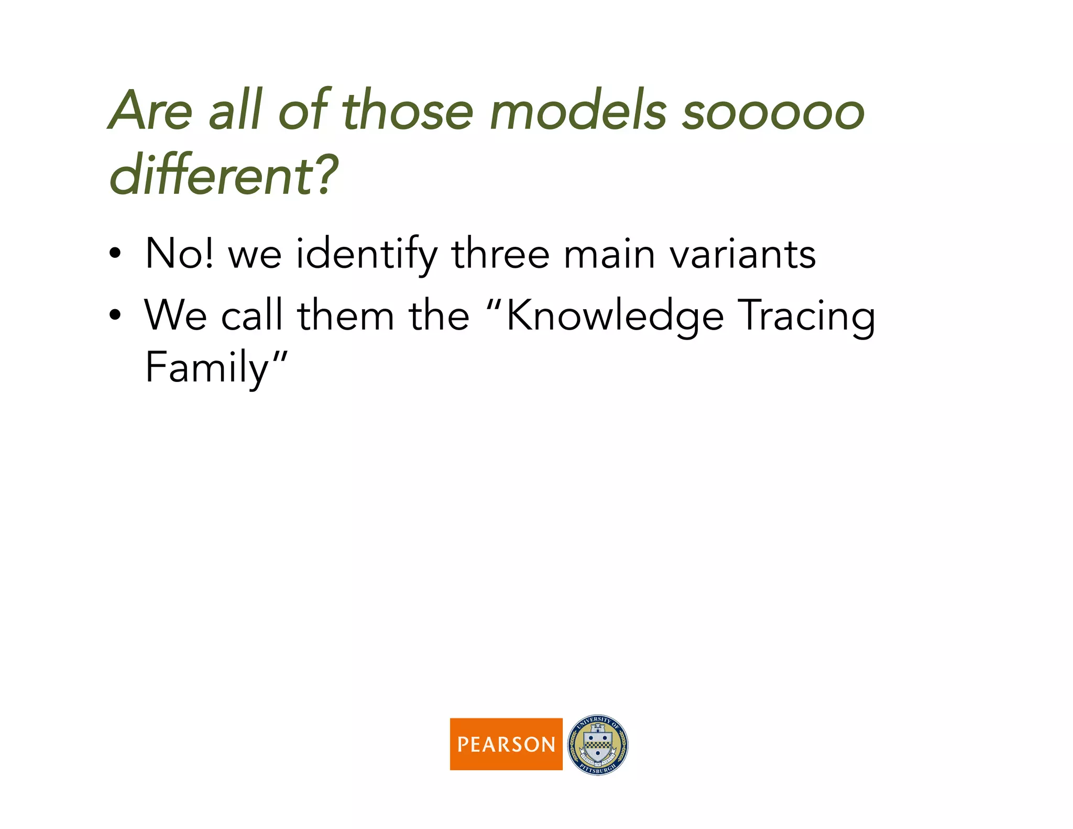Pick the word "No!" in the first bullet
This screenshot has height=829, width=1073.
pyautogui.click(x=180, y=254)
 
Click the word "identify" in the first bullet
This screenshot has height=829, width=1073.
pyautogui.click(x=366, y=255)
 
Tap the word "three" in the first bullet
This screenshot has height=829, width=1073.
pyautogui.click(x=500, y=254)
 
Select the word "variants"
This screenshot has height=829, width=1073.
pyautogui.click(x=742, y=255)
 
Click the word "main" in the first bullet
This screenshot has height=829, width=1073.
pyautogui.click(x=609, y=255)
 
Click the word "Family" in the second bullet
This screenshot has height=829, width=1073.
pyautogui.click(x=207, y=368)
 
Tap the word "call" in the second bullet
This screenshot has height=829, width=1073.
pyautogui.click(x=251, y=315)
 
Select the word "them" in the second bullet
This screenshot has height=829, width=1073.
pyautogui.click(x=346, y=315)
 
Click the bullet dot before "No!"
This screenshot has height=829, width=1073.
pyautogui.click(x=115, y=255)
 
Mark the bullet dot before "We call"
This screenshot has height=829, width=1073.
pyautogui.click(x=115, y=316)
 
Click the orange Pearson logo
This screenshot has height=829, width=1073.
pyautogui.click(x=506, y=744)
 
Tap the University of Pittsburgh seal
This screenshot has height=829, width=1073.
pyautogui.click(x=598, y=744)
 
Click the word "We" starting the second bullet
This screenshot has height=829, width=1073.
pyautogui.click(x=176, y=315)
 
